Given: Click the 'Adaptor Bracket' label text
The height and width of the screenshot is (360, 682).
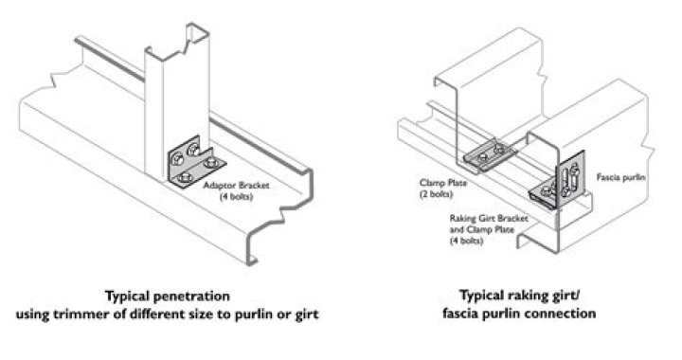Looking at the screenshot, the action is pyautogui.click(x=236, y=186).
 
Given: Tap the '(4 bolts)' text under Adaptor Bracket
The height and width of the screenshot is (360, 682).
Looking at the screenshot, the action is pyautogui.click(x=236, y=196).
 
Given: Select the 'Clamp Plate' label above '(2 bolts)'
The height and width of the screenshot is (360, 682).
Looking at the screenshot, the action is pyautogui.click(x=443, y=183).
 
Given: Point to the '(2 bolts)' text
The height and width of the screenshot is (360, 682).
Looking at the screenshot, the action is pyautogui.click(x=437, y=194).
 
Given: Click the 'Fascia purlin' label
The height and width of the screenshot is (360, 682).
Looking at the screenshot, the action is pyautogui.click(x=620, y=177).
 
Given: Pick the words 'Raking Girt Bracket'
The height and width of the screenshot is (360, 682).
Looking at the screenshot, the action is pyautogui.click(x=489, y=218).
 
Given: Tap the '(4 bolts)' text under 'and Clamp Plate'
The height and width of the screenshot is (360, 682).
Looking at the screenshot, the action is pyautogui.click(x=466, y=240).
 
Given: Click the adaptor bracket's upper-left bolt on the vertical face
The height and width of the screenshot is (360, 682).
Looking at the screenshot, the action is pyautogui.click(x=177, y=159).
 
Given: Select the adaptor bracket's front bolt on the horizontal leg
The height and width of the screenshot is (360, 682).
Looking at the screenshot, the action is pyautogui.click(x=187, y=176).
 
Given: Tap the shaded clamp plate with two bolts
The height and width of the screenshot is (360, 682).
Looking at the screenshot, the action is pyautogui.click(x=491, y=153).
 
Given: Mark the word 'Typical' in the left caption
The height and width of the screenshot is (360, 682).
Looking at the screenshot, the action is pyautogui.click(x=128, y=297).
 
